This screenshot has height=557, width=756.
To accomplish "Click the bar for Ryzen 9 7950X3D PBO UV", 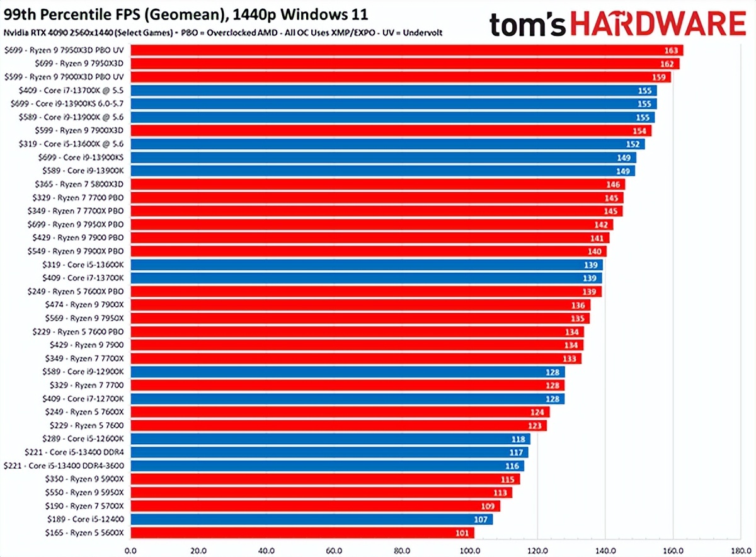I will pos(403,50).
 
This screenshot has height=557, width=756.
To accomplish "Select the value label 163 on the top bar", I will pos(672,50).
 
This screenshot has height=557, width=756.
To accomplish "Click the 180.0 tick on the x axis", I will pos(741,550).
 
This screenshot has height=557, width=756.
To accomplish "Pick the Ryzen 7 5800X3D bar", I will pos(375,185).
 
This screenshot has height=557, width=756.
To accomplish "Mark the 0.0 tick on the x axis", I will pos(131,550).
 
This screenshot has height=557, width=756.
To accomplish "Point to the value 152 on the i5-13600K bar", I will pos(634,144).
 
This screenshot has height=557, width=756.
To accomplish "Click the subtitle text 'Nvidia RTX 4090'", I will pos(38,32).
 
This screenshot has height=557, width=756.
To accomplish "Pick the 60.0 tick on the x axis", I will pos(335,550).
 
